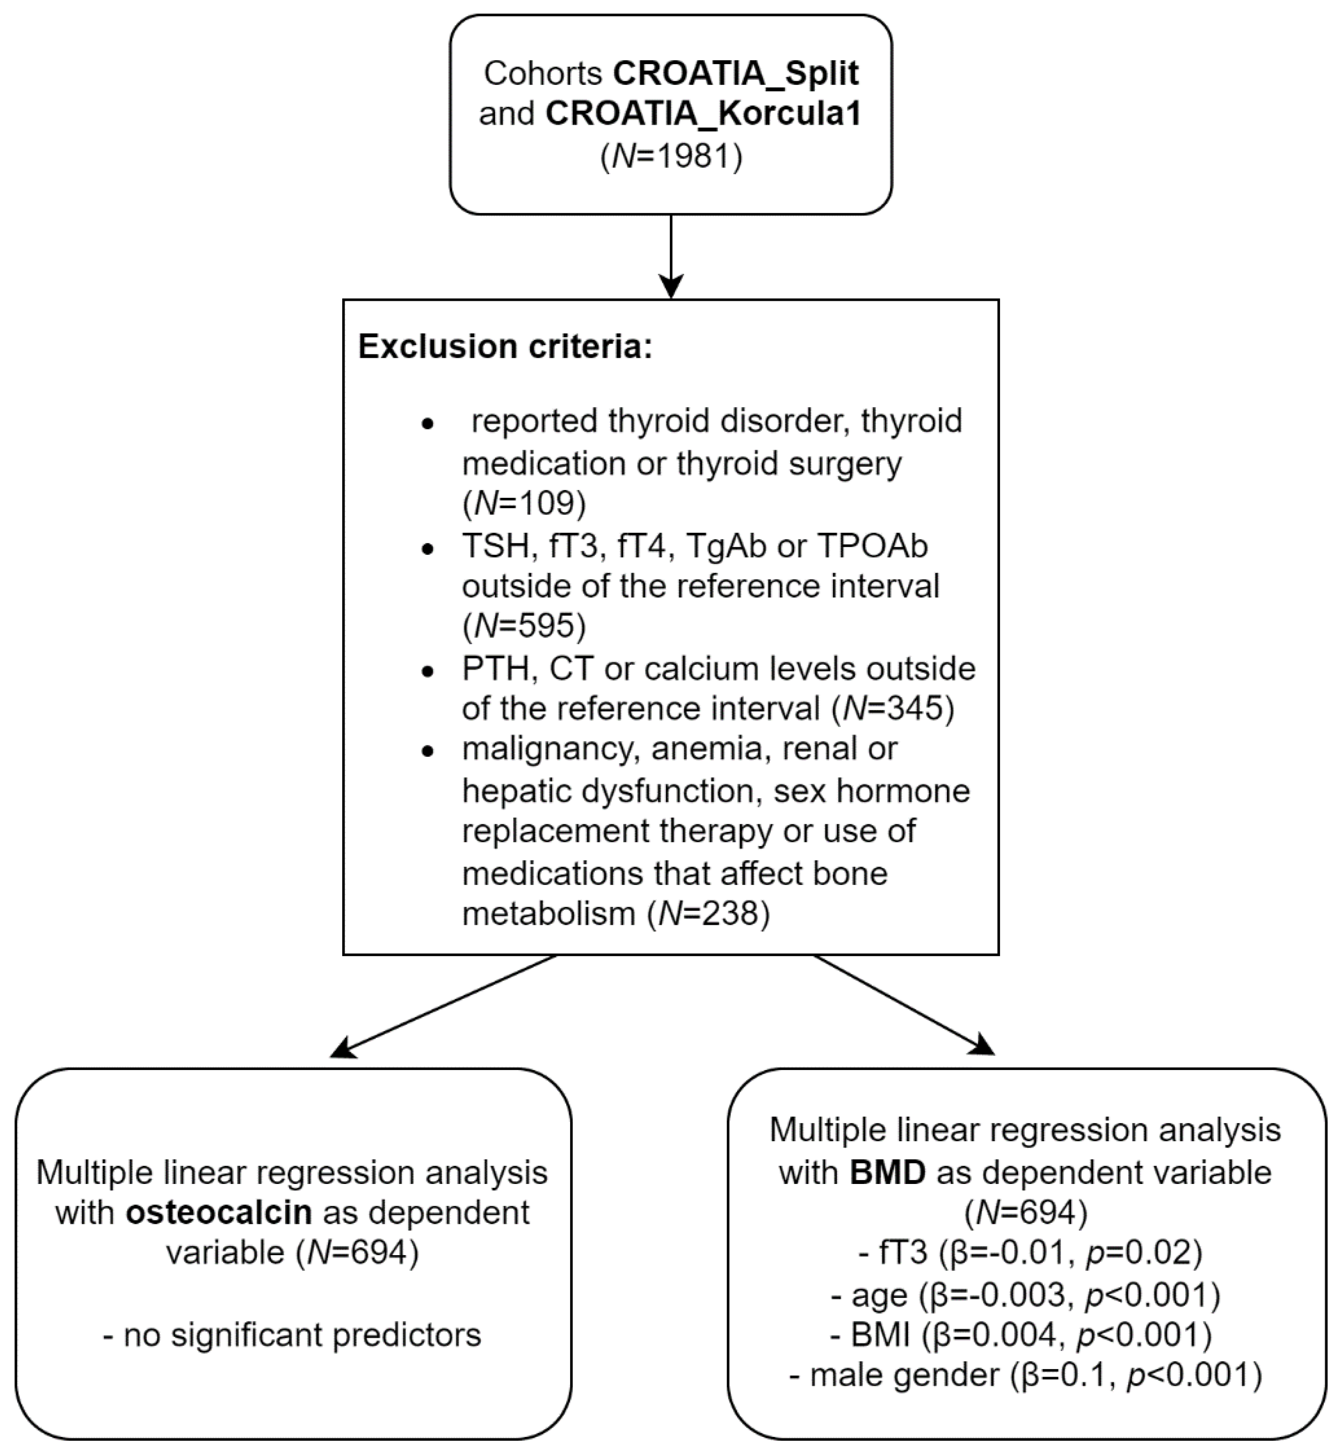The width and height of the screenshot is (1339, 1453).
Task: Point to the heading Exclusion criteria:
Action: click(505, 347)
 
